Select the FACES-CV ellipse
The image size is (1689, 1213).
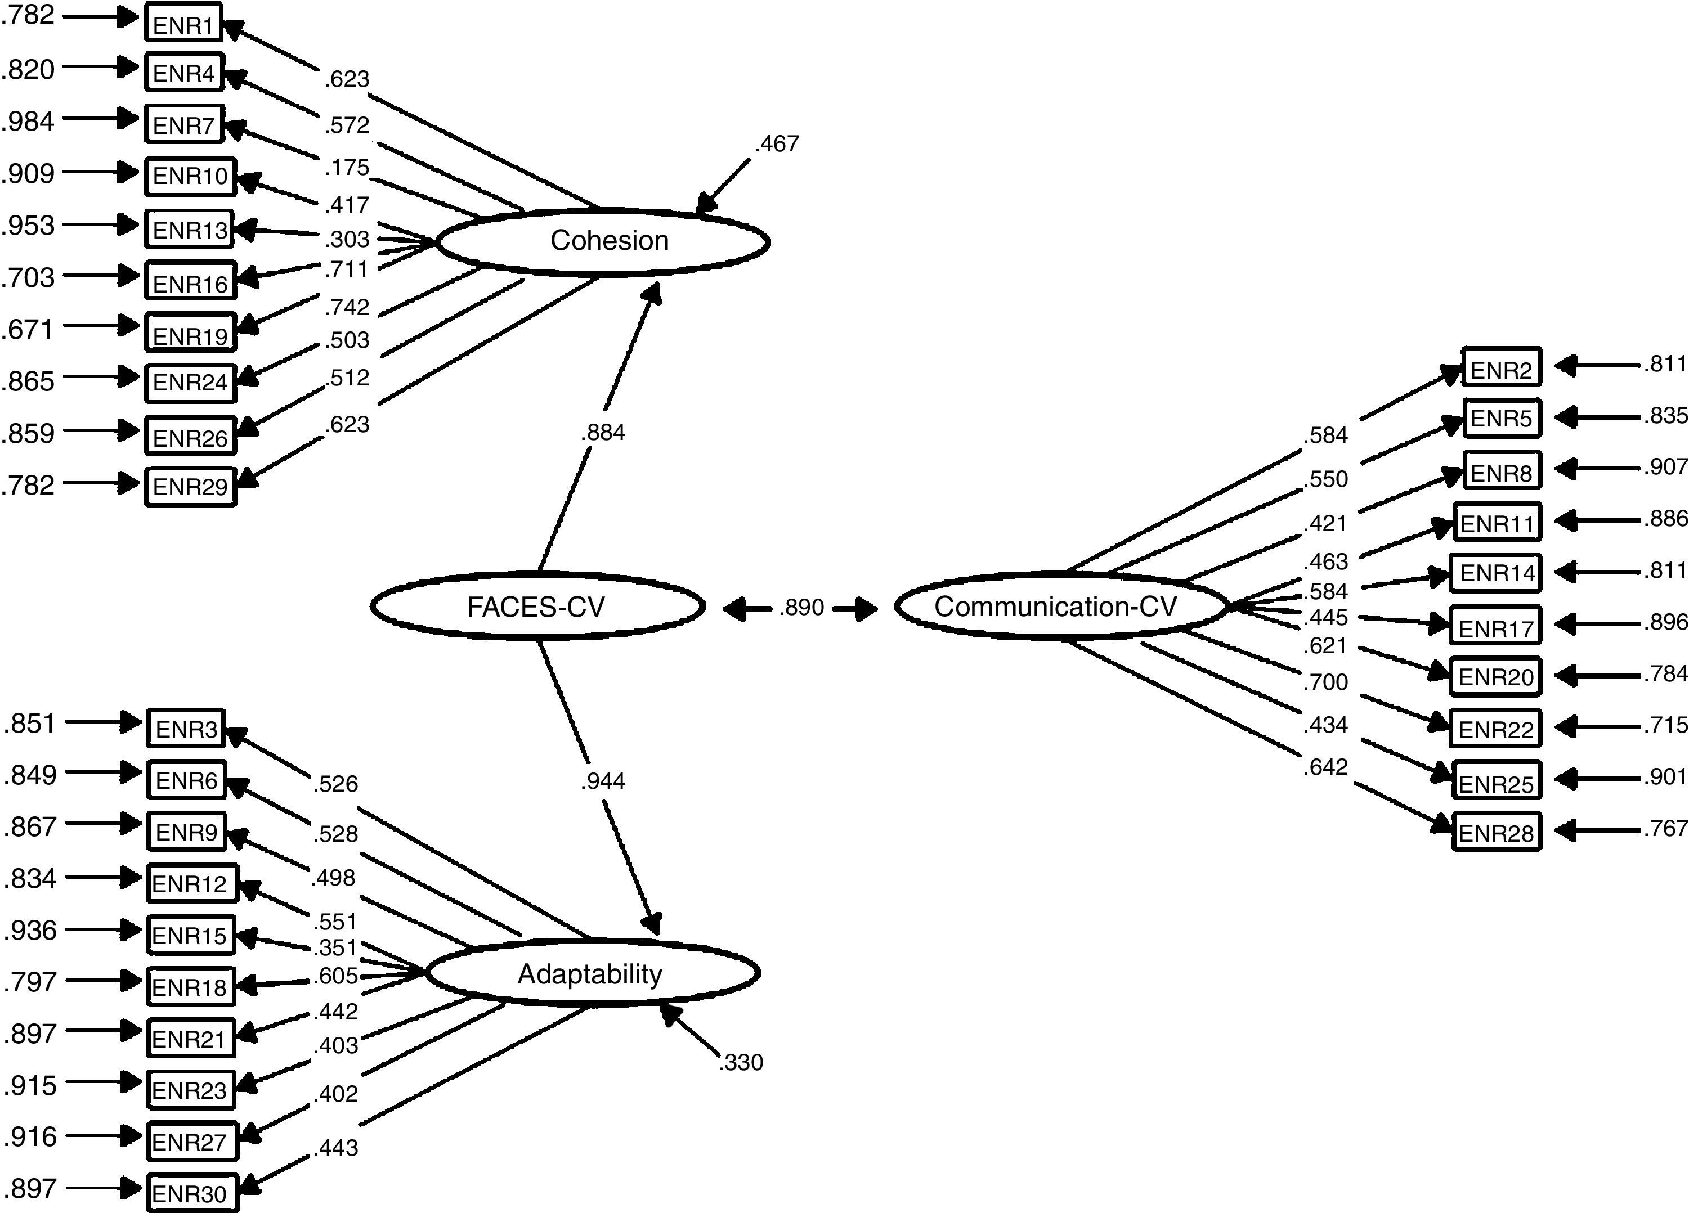tap(537, 607)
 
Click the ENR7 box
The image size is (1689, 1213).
tap(184, 124)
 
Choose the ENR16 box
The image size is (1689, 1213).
tap(190, 281)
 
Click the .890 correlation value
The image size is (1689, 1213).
tap(801, 608)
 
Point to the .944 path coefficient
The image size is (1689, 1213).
tap(602, 780)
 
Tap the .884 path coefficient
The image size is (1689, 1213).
tap(602, 432)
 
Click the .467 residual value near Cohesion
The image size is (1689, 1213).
tap(777, 143)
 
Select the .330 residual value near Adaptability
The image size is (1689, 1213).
tap(741, 1062)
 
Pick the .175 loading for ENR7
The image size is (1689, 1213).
tap(347, 168)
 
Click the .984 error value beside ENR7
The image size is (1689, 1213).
tap(28, 120)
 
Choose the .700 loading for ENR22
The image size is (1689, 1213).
tap(1325, 681)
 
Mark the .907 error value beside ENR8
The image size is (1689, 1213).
tap(1665, 467)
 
